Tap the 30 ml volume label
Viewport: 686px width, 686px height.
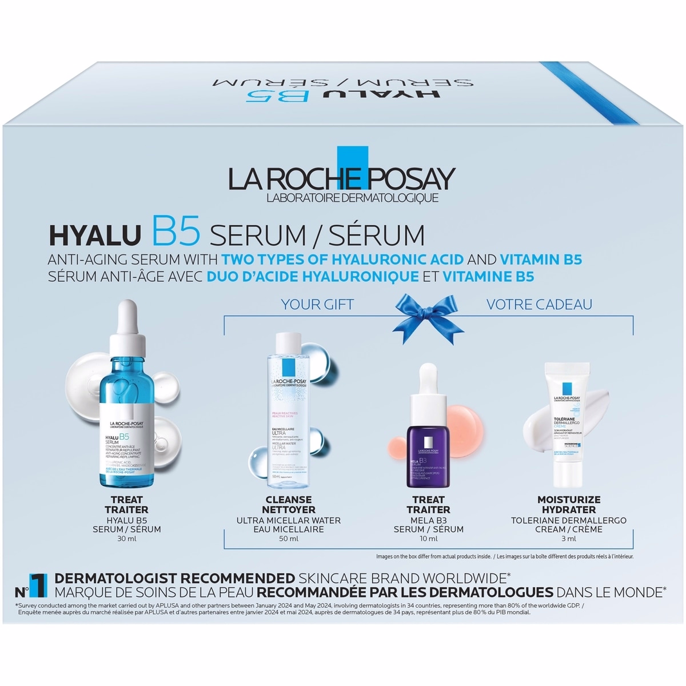[x=126, y=539]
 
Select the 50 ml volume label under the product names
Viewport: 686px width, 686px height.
[x=289, y=539]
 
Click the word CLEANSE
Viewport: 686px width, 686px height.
[x=289, y=500]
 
